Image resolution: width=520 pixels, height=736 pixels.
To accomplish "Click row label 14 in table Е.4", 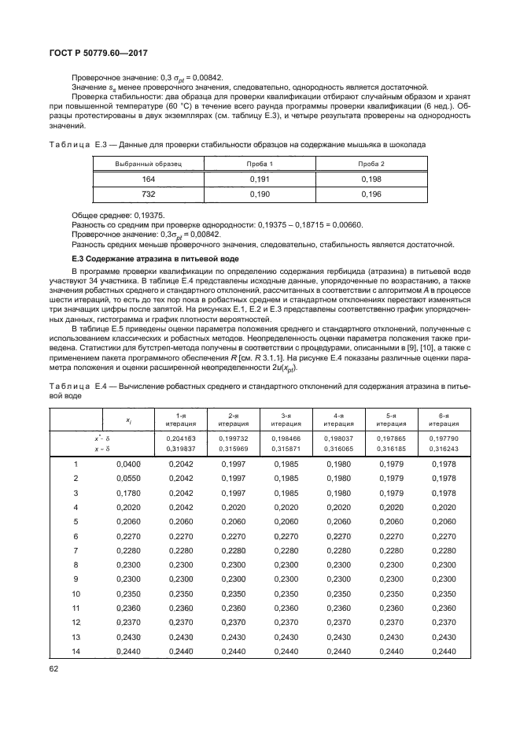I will [76, 651].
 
